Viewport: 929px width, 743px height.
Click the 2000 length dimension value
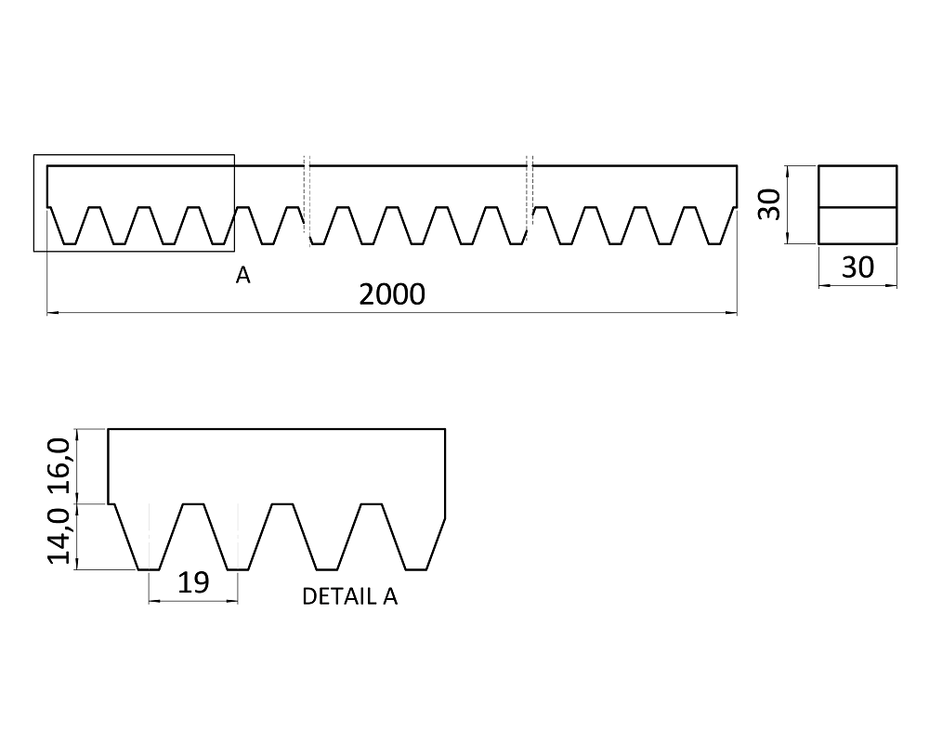point(391,294)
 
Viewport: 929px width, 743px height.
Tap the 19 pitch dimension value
point(192,582)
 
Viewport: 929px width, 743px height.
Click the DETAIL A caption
point(349,597)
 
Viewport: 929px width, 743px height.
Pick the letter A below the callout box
point(242,275)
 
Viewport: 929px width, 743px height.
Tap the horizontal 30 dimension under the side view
point(857,267)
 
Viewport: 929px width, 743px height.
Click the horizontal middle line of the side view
point(857,206)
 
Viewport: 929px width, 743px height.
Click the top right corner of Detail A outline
point(445,430)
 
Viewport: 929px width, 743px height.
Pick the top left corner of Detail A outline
point(110,430)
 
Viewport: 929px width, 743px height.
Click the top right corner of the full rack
point(737,166)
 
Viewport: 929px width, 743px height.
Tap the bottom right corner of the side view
point(896,244)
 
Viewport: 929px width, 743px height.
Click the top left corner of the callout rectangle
point(34,155)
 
